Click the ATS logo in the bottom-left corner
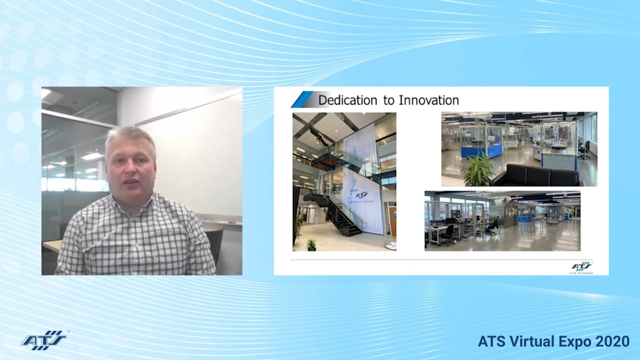(x=43, y=340)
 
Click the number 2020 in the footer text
(x=612, y=341)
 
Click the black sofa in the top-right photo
(x=537, y=176)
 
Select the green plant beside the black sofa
(x=478, y=171)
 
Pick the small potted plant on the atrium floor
(x=311, y=244)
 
